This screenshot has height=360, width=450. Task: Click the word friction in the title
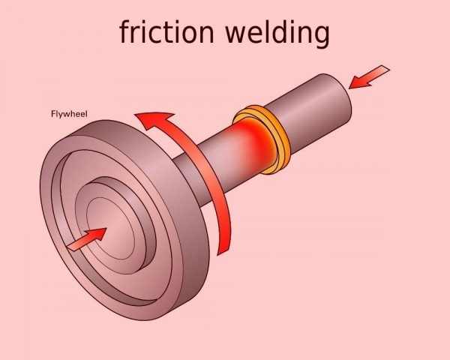click(x=166, y=32)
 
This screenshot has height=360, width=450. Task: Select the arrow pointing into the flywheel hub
click(x=86, y=238)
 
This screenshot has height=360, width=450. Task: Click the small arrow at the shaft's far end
click(x=370, y=76)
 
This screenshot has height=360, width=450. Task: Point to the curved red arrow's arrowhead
click(x=154, y=120)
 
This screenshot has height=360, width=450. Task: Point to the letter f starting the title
click(x=124, y=31)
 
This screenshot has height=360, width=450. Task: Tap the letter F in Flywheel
click(x=52, y=115)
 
